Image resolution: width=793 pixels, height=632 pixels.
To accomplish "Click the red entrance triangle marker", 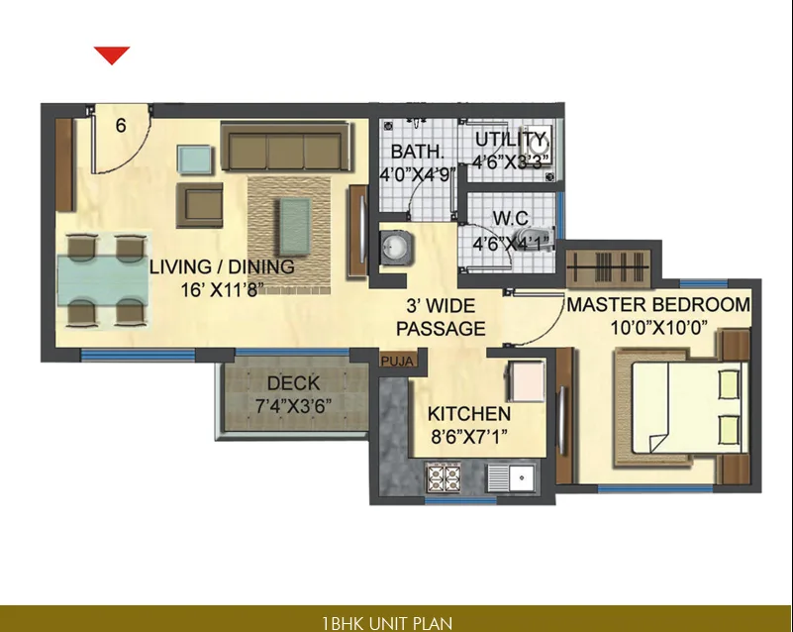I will [112, 55].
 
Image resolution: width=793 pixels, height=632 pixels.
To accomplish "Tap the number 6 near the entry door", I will [121, 126].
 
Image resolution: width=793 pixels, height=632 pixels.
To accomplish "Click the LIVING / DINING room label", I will [222, 266].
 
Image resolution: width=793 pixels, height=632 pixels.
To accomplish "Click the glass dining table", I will [102, 280].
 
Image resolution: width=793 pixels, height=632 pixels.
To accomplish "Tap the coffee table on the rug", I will [292, 225].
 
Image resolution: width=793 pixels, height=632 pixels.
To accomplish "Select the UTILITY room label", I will [510, 139].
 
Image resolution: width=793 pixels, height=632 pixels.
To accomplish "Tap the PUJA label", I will [396, 362].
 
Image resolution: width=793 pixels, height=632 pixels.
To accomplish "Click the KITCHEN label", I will [468, 414].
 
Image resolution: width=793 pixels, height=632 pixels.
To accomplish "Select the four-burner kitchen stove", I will [444, 479].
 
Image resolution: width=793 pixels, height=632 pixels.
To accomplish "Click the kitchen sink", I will [513, 480].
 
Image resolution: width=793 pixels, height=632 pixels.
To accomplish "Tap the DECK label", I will [292, 383].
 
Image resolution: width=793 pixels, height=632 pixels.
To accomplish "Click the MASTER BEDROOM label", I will [657, 305].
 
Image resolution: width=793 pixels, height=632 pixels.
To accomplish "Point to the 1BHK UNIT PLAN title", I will [387, 623].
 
